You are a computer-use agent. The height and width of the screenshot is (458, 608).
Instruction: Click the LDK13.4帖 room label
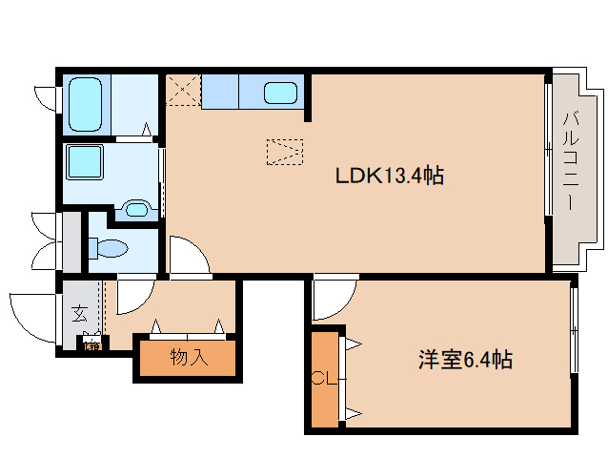[389, 177]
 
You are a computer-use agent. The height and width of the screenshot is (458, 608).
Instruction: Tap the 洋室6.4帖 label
[465, 360]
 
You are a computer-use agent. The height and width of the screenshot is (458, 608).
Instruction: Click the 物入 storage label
[188, 359]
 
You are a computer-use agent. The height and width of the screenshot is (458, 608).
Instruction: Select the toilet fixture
[109, 249]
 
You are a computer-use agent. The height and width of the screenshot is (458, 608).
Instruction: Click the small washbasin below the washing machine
[137, 208]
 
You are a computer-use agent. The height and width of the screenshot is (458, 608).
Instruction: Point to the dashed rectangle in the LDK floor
[285, 152]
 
